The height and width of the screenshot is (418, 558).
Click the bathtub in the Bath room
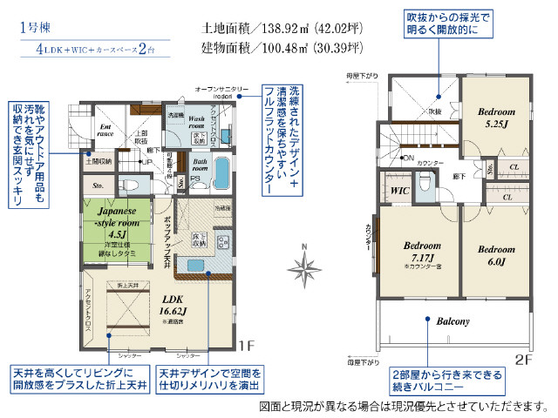[x=221, y=173]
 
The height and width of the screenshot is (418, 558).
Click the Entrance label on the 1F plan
[x=106, y=130]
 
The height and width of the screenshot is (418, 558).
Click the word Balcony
[x=453, y=320]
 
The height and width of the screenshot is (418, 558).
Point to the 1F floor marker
[x=247, y=345]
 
